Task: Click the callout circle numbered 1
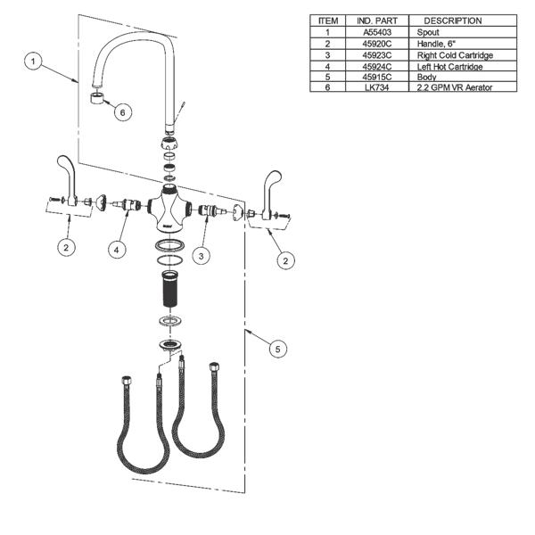(33, 61)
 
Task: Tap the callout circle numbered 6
(122, 111)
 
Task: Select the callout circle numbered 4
(117, 250)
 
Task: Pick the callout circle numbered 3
(202, 255)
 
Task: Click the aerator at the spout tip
(95, 95)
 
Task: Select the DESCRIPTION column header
(452, 21)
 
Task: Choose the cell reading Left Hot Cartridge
(450, 65)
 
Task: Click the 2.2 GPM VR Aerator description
(455, 87)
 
